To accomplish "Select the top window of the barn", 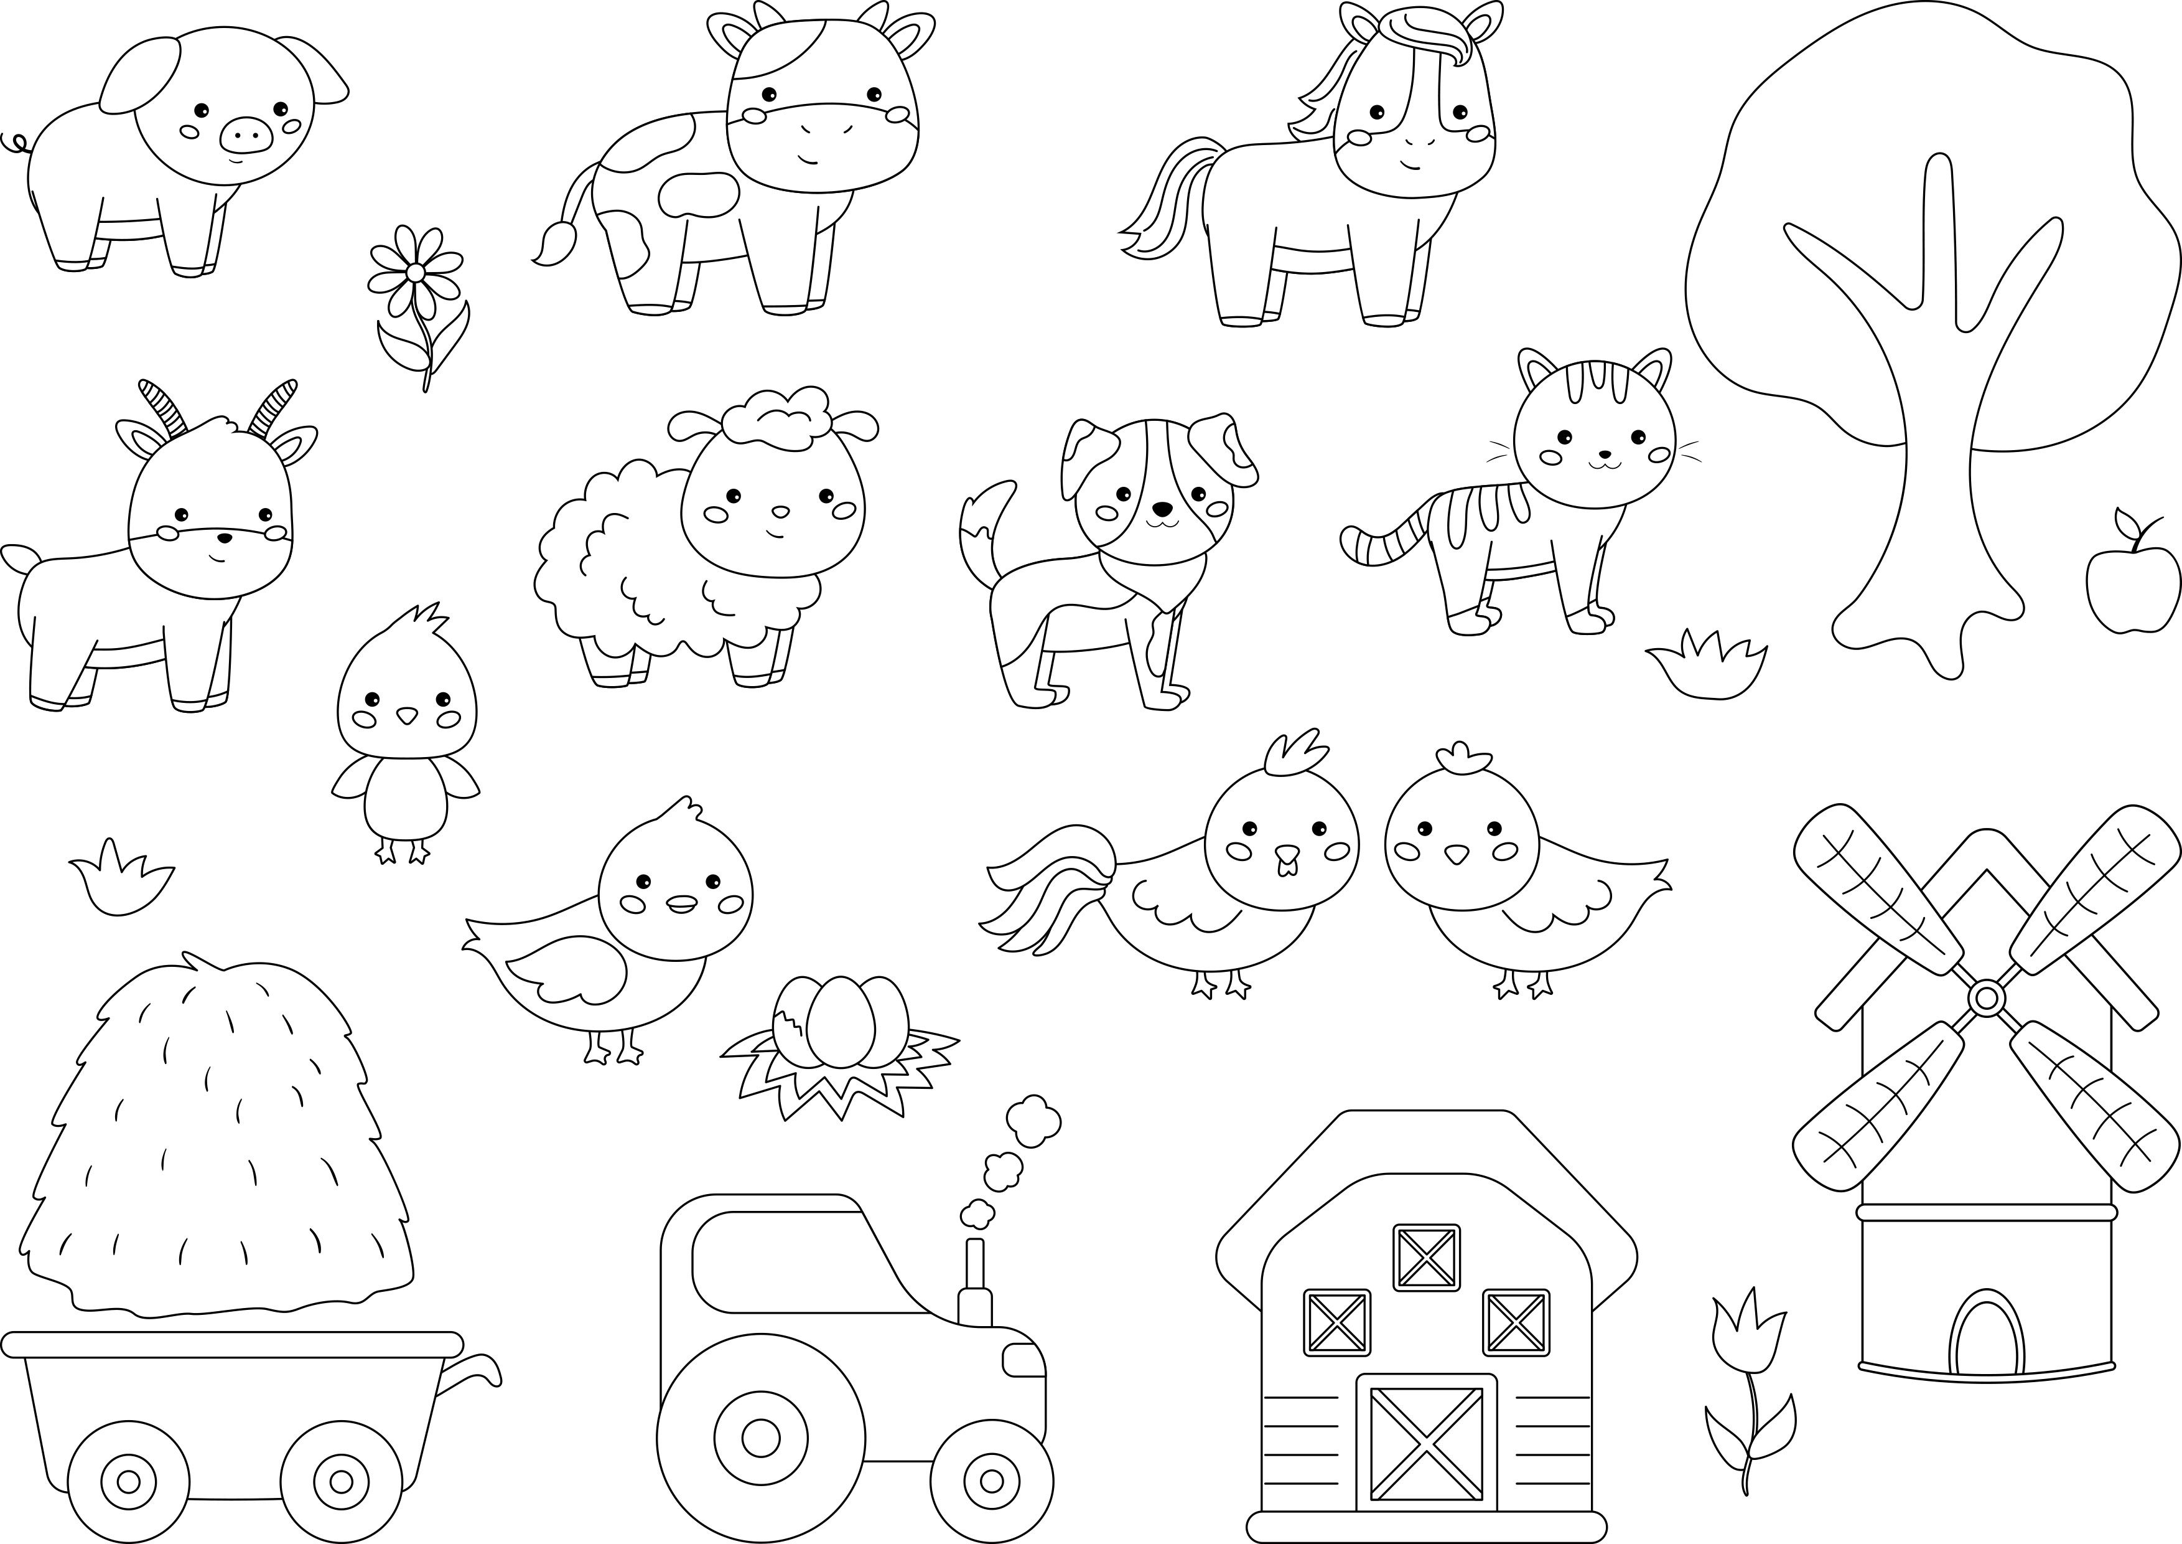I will click(x=1425, y=1257).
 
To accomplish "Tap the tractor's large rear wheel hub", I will click(x=760, y=1438).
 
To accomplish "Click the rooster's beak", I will click(x=1285, y=859).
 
